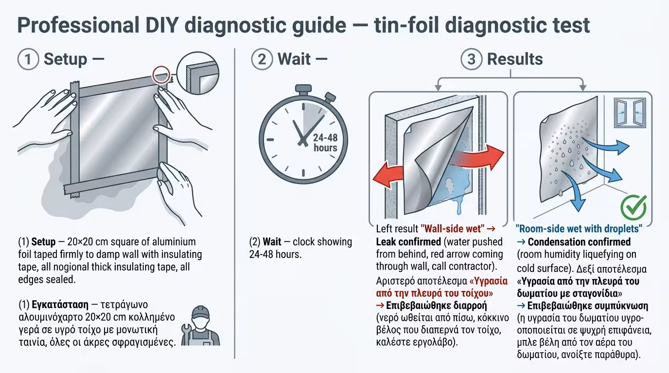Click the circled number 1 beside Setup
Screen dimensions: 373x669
pos(28,60)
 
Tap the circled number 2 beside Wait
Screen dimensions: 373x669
pos(262,60)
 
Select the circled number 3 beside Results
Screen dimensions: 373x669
pos(471,60)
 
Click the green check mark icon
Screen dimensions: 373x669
pos(634,207)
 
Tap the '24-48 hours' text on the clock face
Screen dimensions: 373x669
pos(325,142)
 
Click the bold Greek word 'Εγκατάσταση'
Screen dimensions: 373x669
pos(60,305)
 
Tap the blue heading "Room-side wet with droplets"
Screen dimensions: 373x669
pos(579,229)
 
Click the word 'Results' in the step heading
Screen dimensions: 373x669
pos(515,59)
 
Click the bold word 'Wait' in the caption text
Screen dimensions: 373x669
pos(272,241)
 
